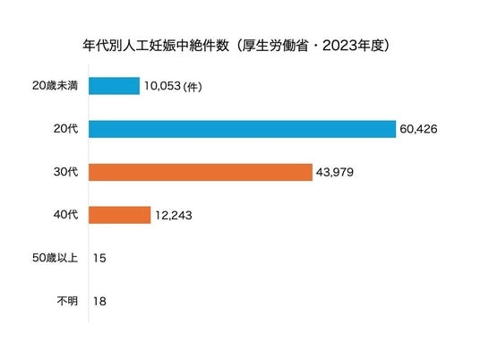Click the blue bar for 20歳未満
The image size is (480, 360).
click(x=115, y=86)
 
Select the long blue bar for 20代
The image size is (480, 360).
click(x=242, y=129)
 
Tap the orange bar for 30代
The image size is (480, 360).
click(x=201, y=172)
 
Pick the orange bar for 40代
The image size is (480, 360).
click(x=120, y=215)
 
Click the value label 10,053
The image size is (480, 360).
click(x=163, y=86)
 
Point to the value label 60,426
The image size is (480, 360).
click(x=418, y=129)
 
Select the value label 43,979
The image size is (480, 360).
click(x=335, y=172)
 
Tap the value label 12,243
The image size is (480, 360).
click(x=174, y=216)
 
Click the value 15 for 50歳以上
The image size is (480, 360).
click(x=99, y=259)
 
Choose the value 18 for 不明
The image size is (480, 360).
click(x=99, y=302)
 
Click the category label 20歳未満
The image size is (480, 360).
click(x=56, y=85)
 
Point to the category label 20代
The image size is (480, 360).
click(x=65, y=129)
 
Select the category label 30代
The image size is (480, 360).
click(x=65, y=172)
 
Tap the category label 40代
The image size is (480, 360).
click(x=65, y=215)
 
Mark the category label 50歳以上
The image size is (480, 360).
click(x=56, y=258)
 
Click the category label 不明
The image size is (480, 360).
click(x=67, y=301)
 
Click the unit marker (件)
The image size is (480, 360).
click(x=193, y=87)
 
